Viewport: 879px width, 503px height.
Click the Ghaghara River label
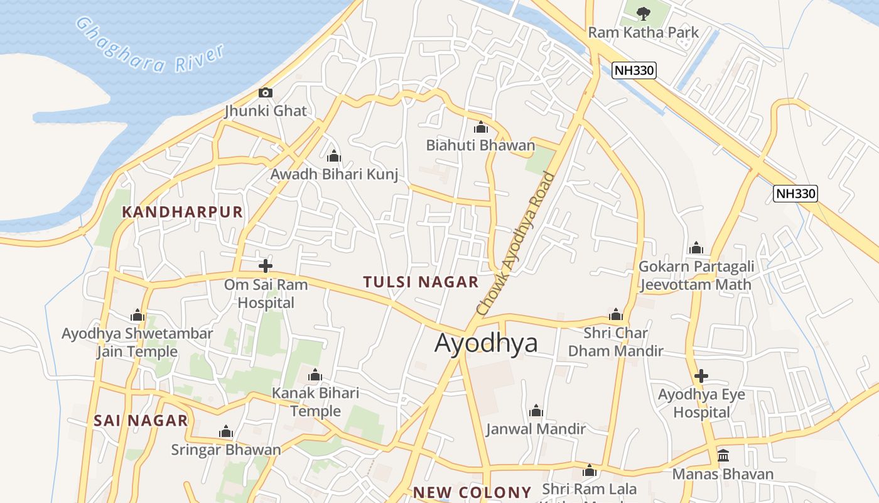(x=149, y=45)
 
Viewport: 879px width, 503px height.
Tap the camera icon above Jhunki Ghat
(x=266, y=93)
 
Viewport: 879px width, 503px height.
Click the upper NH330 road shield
(x=634, y=70)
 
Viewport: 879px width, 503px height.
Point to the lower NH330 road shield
(x=795, y=193)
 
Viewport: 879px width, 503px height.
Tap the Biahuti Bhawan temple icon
(x=481, y=127)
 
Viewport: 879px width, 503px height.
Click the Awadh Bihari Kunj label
(x=334, y=174)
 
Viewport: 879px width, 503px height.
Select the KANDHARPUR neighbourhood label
(x=182, y=212)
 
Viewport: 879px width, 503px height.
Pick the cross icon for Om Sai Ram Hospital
(x=266, y=265)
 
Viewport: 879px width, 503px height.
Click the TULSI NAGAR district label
(x=421, y=282)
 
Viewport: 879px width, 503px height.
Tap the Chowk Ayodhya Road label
(x=516, y=243)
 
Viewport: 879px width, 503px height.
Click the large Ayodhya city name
(x=486, y=343)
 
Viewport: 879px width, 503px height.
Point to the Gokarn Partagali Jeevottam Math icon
(x=696, y=248)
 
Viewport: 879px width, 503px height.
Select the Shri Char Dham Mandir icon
(x=616, y=314)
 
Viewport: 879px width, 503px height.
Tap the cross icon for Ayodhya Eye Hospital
(x=701, y=377)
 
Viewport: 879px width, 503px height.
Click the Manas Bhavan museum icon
(x=723, y=455)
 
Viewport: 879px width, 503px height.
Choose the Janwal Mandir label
(x=536, y=429)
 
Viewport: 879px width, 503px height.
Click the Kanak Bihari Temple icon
(x=315, y=375)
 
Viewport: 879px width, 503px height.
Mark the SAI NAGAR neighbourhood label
(x=141, y=421)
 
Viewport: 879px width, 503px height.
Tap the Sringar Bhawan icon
(x=226, y=432)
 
